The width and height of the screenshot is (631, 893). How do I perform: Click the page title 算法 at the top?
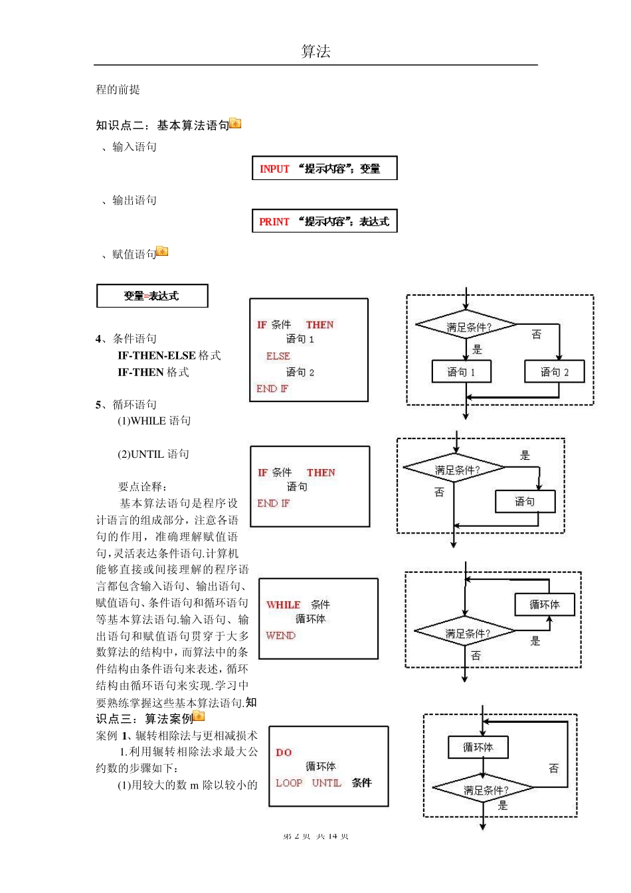[x=315, y=51]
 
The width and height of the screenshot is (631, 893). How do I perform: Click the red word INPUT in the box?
[x=274, y=169]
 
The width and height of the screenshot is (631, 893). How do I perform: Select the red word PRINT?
[x=274, y=222]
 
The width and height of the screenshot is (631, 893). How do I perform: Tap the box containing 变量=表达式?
[x=152, y=296]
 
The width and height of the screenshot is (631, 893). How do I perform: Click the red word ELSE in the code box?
[x=278, y=356]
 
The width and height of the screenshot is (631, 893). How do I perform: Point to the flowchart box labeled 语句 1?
[x=461, y=372]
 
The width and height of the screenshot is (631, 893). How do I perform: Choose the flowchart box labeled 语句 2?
[x=555, y=372]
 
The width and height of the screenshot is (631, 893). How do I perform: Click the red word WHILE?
[x=284, y=605]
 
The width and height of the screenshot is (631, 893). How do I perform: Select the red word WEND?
[x=281, y=636]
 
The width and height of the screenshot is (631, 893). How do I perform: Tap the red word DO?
[x=284, y=753]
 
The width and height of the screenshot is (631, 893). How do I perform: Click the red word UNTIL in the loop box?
[x=327, y=783]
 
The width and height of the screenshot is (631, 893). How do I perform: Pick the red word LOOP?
[x=289, y=783]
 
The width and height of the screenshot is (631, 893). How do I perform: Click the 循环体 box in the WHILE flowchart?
[x=545, y=605]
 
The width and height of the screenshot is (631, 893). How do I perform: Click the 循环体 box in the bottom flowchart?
[x=478, y=747]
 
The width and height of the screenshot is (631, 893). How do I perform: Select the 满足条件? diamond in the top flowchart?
[x=466, y=326]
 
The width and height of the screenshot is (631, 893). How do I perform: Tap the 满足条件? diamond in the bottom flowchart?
[x=484, y=789]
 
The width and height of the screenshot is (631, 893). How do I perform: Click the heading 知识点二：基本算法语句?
[x=162, y=125]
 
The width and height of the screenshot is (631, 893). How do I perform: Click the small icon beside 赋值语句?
[x=162, y=252]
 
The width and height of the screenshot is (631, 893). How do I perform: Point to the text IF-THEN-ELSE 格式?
[x=169, y=355]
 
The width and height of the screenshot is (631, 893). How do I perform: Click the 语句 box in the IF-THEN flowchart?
[x=525, y=502]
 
